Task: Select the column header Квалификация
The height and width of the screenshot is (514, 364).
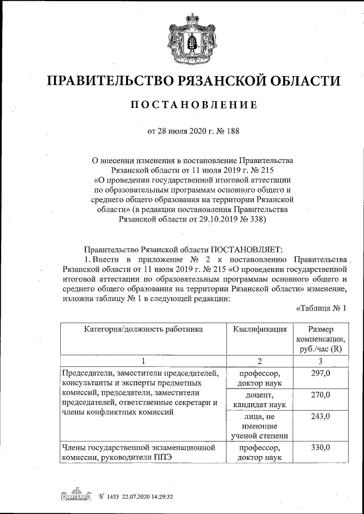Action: click(x=259, y=329)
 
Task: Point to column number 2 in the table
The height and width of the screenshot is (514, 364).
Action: click(x=259, y=361)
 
